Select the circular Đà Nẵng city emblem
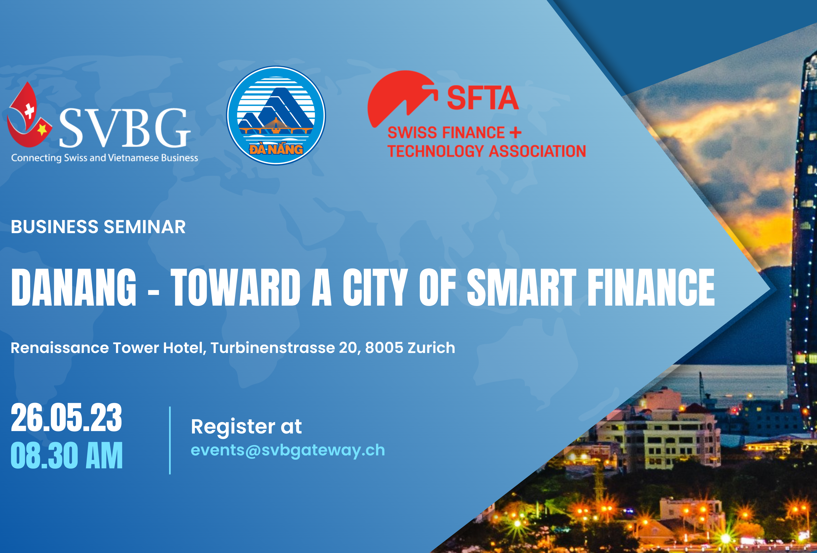(276, 116)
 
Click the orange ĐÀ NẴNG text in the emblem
(276, 149)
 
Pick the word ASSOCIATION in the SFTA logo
(538, 151)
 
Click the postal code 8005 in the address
(384, 348)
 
